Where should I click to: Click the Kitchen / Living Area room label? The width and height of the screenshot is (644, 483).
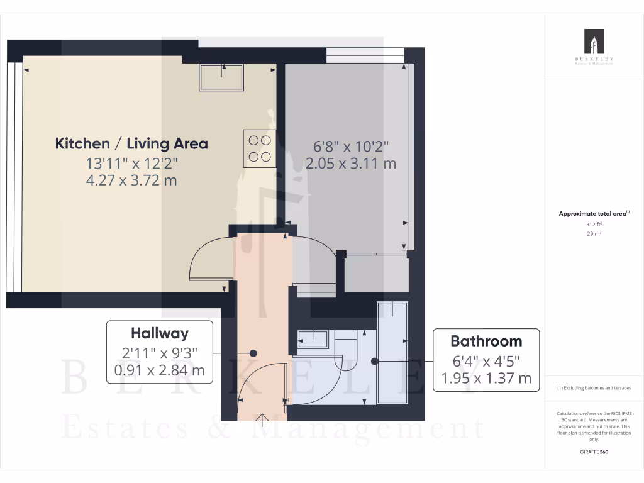pyautogui.click(x=131, y=143)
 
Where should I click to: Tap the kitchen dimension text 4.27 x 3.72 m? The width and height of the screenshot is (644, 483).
pyautogui.click(x=131, y=180)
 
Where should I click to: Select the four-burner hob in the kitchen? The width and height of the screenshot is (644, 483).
pyautogui.click(x=258, y=148)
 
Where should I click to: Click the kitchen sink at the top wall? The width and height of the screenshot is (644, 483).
pyautogui.click(x=221, y=76)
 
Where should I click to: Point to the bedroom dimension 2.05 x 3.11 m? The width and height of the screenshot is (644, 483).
pyautogui.click(x=351, y=164)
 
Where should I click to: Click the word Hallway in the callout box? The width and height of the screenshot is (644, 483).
pyautogui.click(x=159, y=333)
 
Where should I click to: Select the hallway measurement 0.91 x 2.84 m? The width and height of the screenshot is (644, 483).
pyautogui.click(x=159, y=370)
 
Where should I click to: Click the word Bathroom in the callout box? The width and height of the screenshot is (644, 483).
pyautogui.click(x=486, y=341)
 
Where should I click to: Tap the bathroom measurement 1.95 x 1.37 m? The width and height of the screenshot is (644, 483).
pyautogui.click(x=486, y=378)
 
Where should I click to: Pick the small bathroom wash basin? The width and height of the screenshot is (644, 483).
pyautogui.click(x=313, y=340)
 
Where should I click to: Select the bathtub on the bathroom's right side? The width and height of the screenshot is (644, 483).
pyautogui.click(x=392, y=352)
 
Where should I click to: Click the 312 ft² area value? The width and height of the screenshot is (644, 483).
pyautogui.click(x=594, y=224)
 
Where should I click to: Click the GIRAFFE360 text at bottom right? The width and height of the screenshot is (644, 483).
pyautogui.click(x=594, y=452)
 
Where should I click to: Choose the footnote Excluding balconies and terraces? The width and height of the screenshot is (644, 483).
pyautogui.click(x=594, y=388)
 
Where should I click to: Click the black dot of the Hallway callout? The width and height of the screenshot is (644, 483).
pyautogui.click(x=253, y=353)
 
